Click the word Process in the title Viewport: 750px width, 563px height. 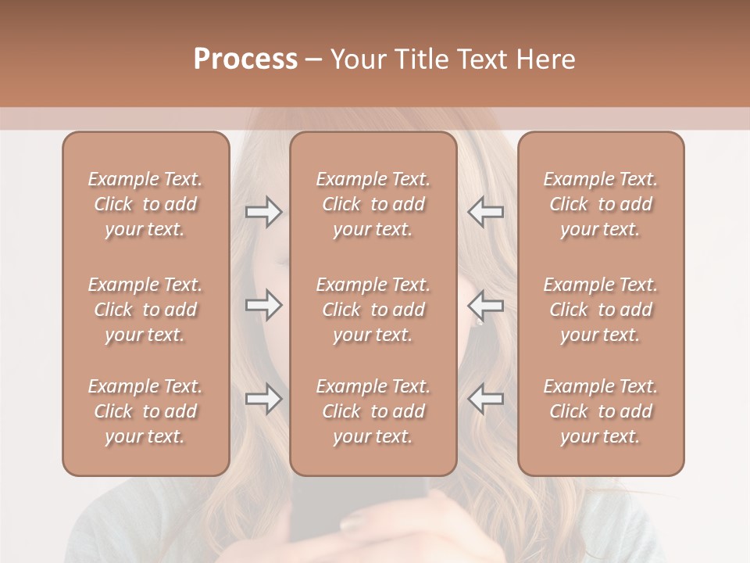pos(245,59)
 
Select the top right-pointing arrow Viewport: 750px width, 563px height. pos(263,212)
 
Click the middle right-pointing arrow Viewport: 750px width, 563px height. pos(263,305)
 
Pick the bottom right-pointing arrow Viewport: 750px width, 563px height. pos(263,399)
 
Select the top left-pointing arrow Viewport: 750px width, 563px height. pos(486,212)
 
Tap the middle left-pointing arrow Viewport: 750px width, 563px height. pos(486,305)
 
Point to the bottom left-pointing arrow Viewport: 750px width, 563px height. pos(486,399)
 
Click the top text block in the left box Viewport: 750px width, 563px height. pos(145,204)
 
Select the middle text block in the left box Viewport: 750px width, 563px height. pos(145,310)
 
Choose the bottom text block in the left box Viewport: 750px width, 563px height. pos(145,411)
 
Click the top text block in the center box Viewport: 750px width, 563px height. pos(373,204)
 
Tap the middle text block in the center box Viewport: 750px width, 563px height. pos(373,310)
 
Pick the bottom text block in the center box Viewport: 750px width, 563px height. pos(373,411)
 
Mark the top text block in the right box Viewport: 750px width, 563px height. pos(600,204)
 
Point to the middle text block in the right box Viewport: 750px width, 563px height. pos(600,310)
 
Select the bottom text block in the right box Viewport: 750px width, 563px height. pos(600,411)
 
